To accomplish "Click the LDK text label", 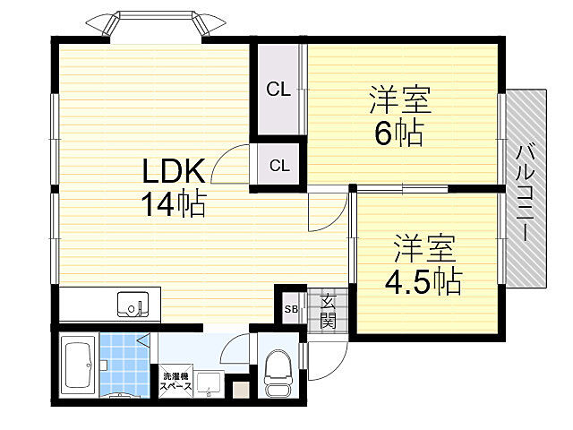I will pyautogui.click(x=174, y=170).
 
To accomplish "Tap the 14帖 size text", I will pyautogui.click(x=172, y=205).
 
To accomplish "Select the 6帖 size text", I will pyautogui.click(x=398, y=133).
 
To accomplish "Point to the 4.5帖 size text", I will pyautogui.click(x=423, y=281).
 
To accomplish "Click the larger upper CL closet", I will pyautogui.click(x=278, y=90).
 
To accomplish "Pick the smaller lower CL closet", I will pyautogui.click(x=279, y=166).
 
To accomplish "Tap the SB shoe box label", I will pyautogui.click(x=291, y=310).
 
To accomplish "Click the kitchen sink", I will pyautogui.click(x=135, y=305).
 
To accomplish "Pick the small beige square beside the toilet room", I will pyautogui.click(x=240, y=390).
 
